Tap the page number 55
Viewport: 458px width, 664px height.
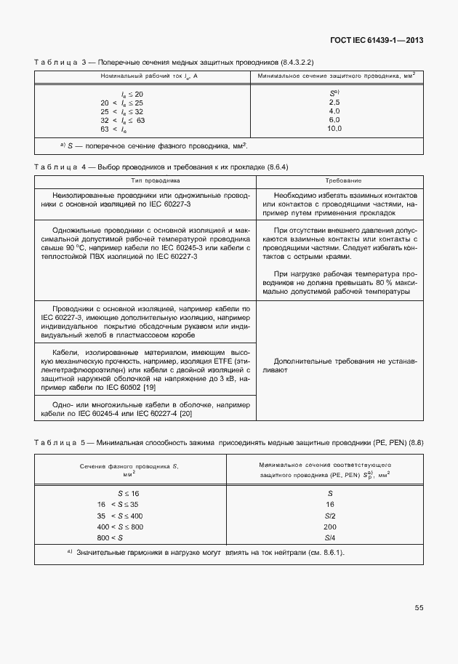tap(419, 607)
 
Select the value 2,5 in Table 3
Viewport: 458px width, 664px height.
tap(334, 103)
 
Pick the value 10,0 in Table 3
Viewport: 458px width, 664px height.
tap(334, 129)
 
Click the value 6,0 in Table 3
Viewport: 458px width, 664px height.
tap(334, 120)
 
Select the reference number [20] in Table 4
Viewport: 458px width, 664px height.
tap(185, 413)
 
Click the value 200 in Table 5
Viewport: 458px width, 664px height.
tap(330, 526)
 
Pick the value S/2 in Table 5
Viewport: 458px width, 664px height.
tap(330, 515)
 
